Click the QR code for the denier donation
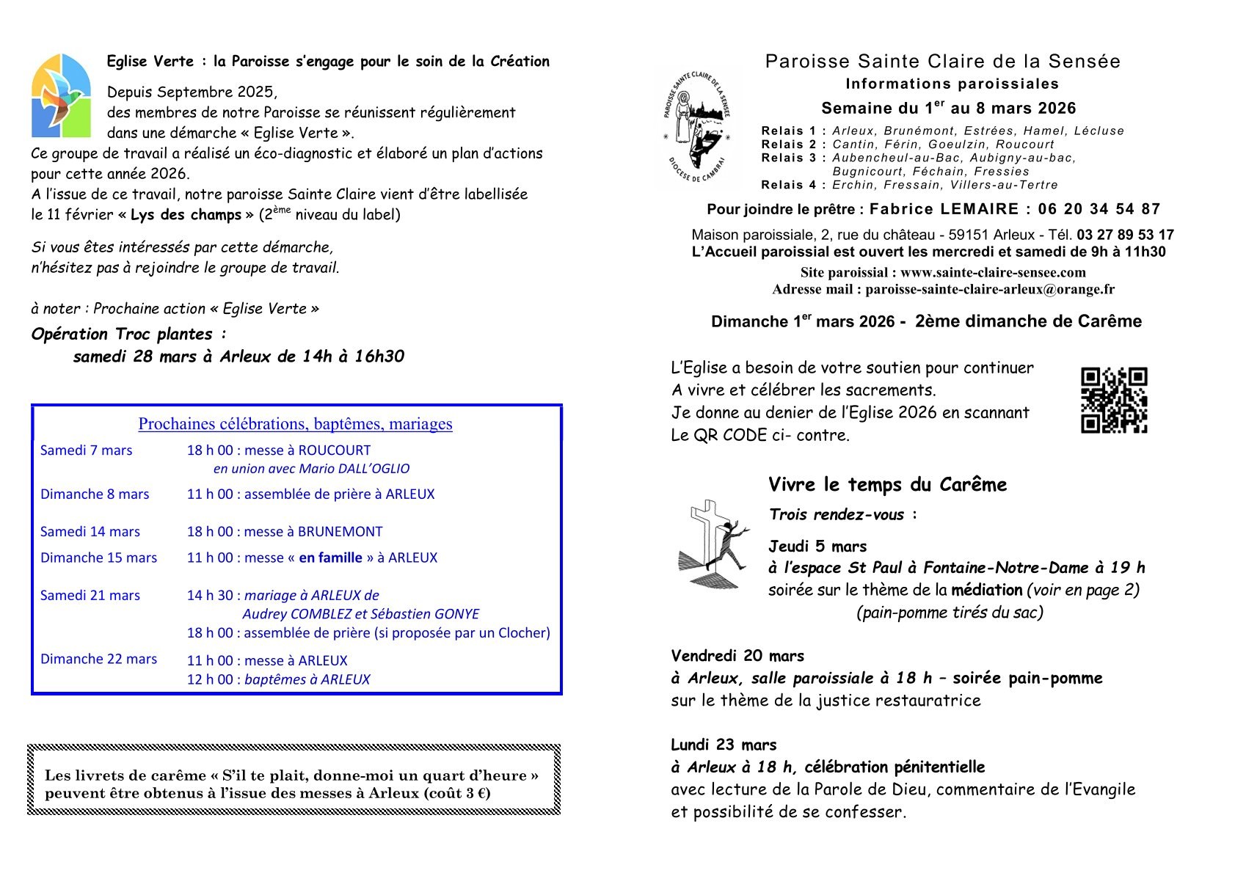pos(1113,401)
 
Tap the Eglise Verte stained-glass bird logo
pos(61,95)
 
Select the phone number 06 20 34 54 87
pos(1099,209)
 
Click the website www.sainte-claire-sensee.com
pos(993,272)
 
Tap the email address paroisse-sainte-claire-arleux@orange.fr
pos(989,289)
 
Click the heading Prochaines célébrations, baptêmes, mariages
pos(295,424)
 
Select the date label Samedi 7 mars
pos(86,450)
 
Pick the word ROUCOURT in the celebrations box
pos(334,450)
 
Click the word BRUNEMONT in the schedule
pos(340,532)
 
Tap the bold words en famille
pos(330,558)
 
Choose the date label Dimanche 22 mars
pos(98,659)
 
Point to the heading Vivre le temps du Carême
pos(887,485)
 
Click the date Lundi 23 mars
pos(723,745)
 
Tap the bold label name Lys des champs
pos(186,215)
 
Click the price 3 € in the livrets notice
pos(476,793)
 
